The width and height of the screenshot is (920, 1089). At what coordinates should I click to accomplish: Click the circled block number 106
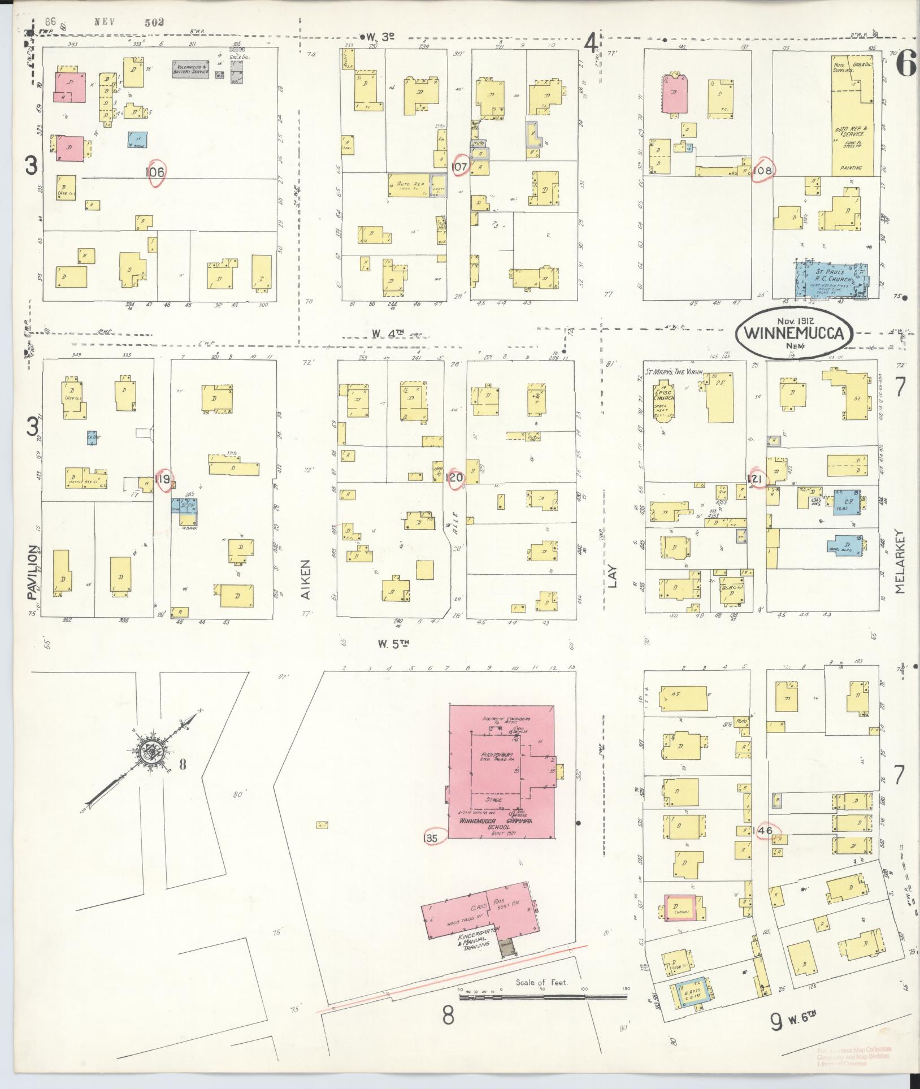[x=154, y=172]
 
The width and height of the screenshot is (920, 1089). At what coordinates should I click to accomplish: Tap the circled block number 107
[x=460, y=167]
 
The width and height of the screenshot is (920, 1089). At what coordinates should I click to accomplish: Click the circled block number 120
[x=454, y=478]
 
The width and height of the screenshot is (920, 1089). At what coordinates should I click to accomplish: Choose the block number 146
[x=763, y=830]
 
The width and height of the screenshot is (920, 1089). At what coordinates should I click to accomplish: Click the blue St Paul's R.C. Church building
[x=831, y=279]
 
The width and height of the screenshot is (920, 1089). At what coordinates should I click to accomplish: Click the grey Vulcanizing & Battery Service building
[x=190, y=69]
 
